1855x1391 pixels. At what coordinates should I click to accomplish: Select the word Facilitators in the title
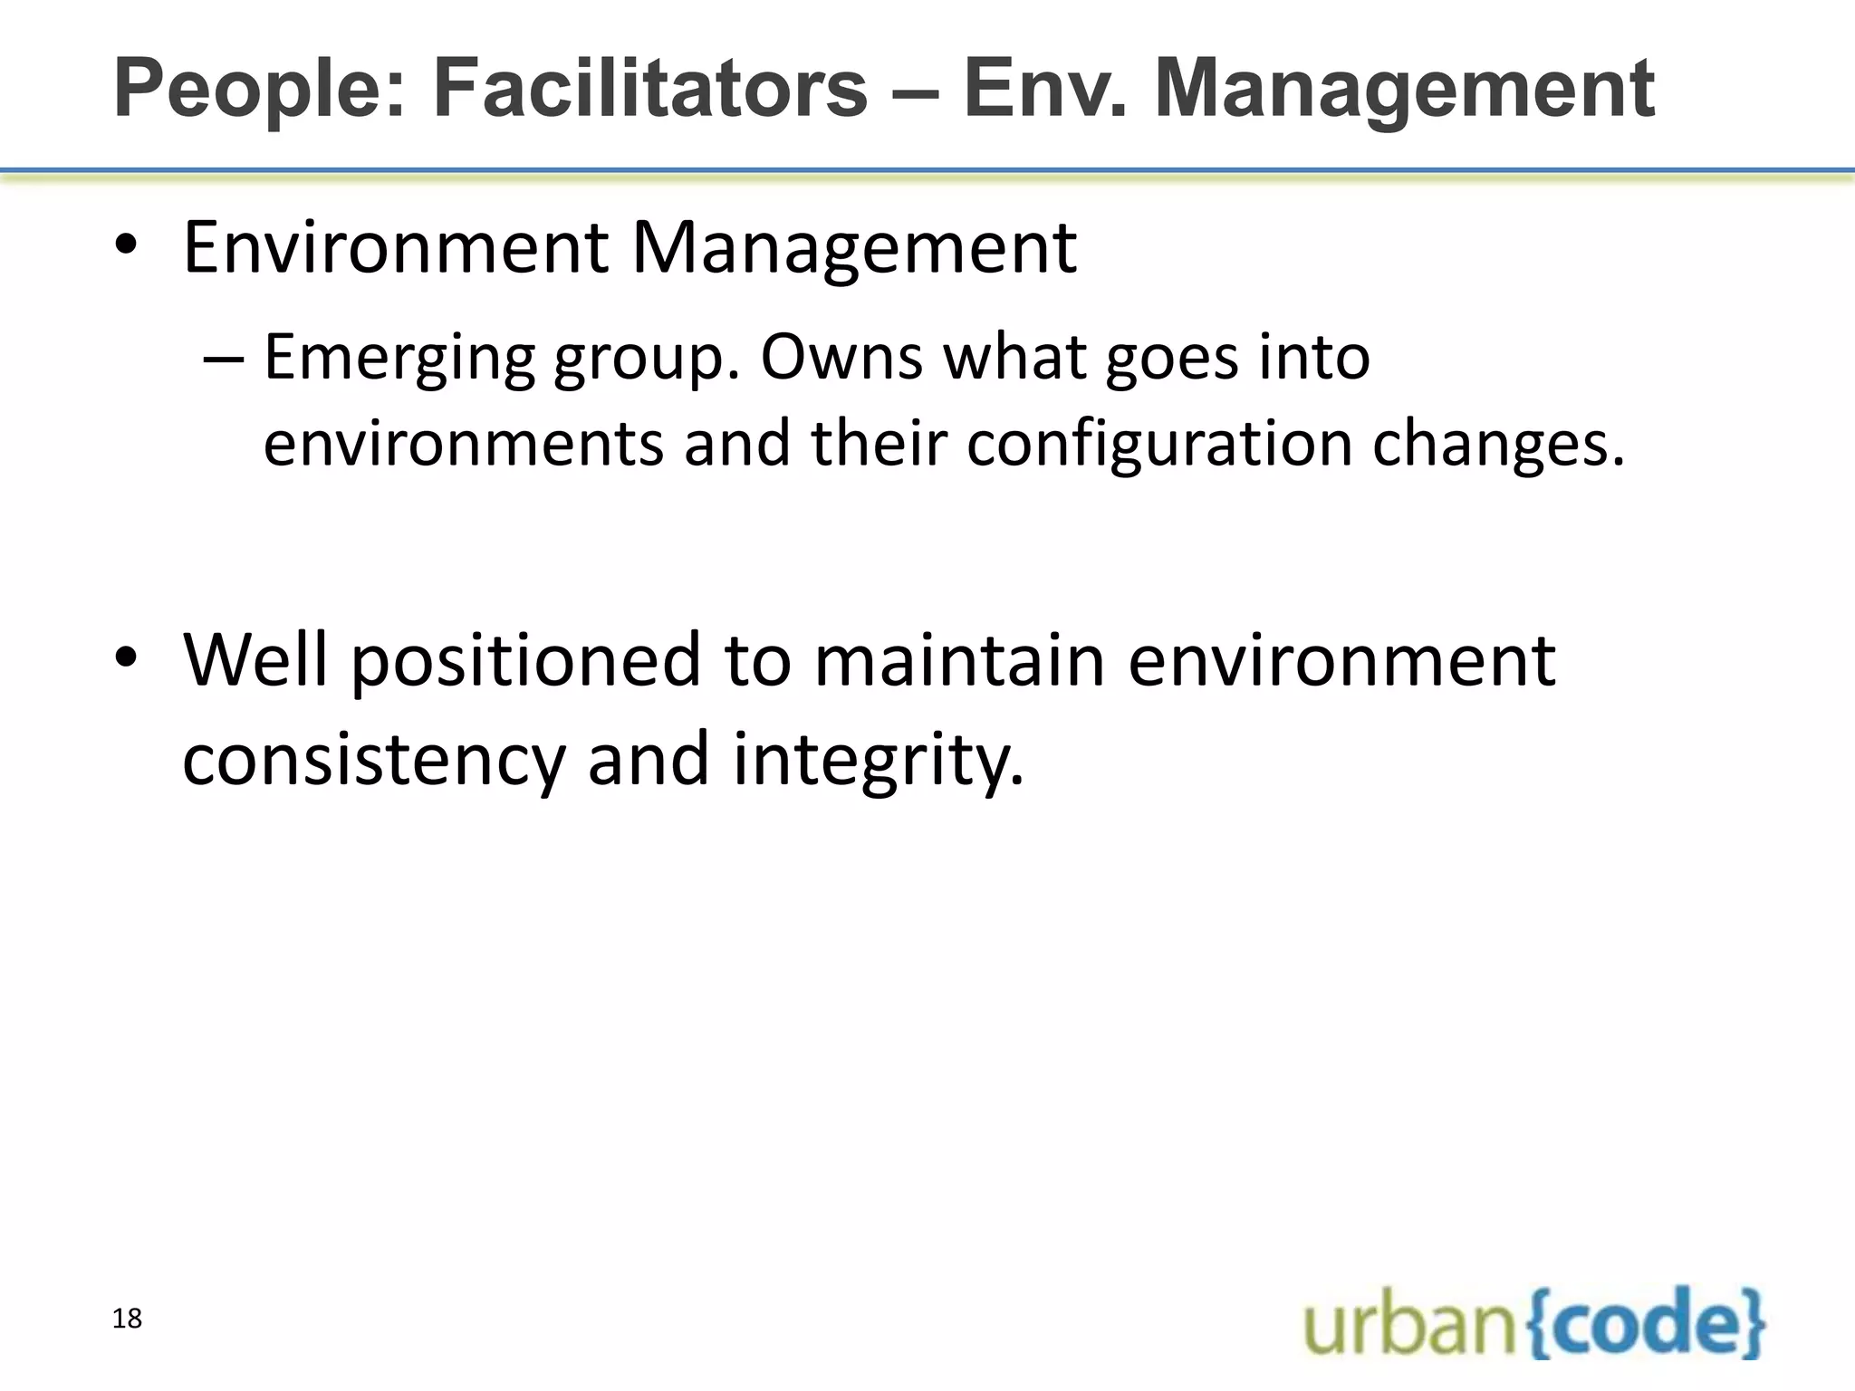coord(649,89)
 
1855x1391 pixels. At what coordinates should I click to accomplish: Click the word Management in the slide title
coord(1405,89)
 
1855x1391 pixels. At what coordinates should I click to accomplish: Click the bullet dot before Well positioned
coord(126,659)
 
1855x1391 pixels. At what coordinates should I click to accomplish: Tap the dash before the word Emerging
coord(224,358)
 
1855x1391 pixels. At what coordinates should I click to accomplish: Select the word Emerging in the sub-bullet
coord(399,358)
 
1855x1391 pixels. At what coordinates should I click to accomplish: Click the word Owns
coord(841,358)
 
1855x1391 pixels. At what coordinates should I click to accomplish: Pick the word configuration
coord(1159,444)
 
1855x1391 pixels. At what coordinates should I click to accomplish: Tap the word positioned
coord(526,661)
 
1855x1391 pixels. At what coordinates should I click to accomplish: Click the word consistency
coord(374,759)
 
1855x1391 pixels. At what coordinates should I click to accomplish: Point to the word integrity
coord(878,759)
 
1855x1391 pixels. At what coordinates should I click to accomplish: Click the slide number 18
coord(128,1319)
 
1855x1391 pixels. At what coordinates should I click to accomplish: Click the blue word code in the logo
coord(1646,1324)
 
